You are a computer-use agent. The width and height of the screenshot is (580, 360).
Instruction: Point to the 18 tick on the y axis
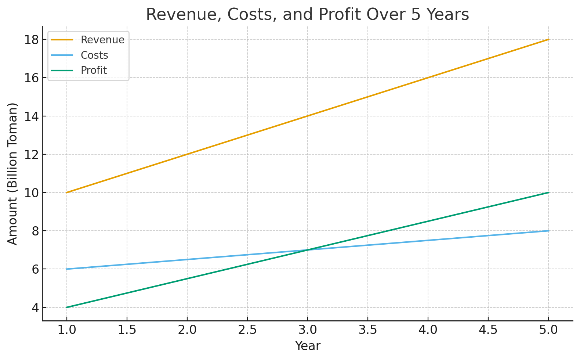point(32,40)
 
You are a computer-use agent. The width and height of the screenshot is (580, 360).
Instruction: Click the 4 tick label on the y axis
point(35,307)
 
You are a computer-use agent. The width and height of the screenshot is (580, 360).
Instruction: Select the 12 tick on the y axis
point(32,154)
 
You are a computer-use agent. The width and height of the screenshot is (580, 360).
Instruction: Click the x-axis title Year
point(308,346)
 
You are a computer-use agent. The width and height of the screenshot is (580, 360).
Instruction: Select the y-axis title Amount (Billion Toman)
point(13,174)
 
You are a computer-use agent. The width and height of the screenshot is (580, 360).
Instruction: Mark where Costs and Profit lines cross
point(308,250)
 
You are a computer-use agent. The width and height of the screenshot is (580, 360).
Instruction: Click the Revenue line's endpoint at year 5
point(548,39)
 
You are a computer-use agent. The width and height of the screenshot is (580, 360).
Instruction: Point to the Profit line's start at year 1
point(66,307)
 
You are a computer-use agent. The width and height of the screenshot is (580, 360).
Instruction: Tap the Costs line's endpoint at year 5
point(548,231)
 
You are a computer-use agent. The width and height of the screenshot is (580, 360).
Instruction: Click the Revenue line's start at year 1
point(66,192)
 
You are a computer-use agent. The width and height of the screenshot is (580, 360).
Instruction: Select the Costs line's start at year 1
point(66,269)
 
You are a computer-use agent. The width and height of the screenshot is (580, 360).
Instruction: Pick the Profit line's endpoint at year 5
point(548,192)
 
